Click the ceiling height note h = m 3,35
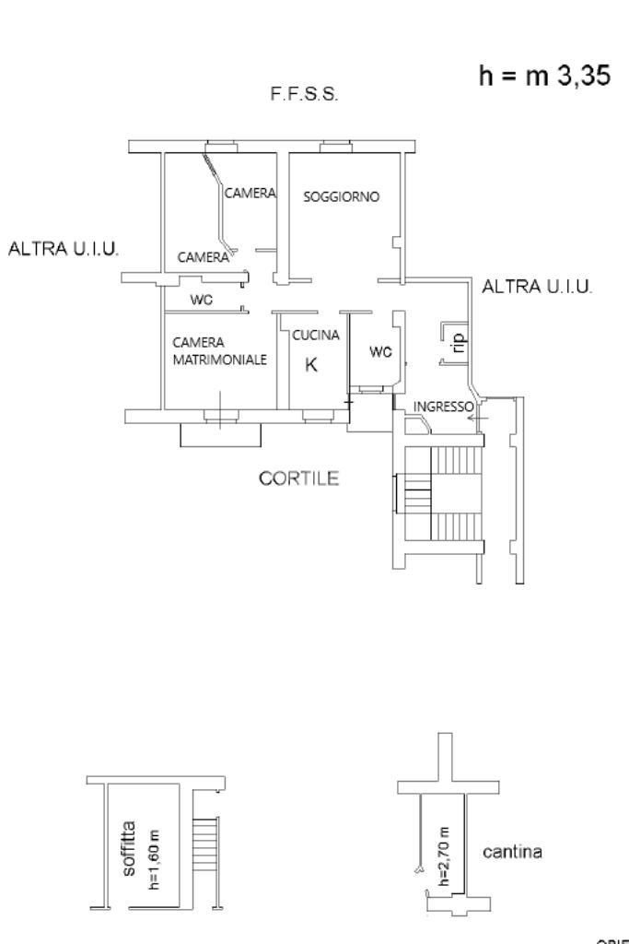pyautogui.click(x=542, y=77)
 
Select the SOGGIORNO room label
pyautogui.click(x=342, y=196)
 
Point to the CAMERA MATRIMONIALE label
pyautogui.click(x=219, y=350)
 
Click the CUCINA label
pyautogui.click(x=316, y=335)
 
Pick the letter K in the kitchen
pyautogui.click(x=311, y=364)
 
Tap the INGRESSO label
pyautogui.click(x=443, y=407)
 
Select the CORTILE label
pyautogui.click(x=299, y=478)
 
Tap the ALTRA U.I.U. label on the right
pyautogui.click(x=538, y=287)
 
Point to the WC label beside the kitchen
pyautogui.click(x=380, y=351)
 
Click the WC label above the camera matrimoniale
pyautogui.click(x=202, y=299)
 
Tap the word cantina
pyautogui.click(x=512, y=852)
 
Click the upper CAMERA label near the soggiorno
pyautogui.click(x=250, y=193)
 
